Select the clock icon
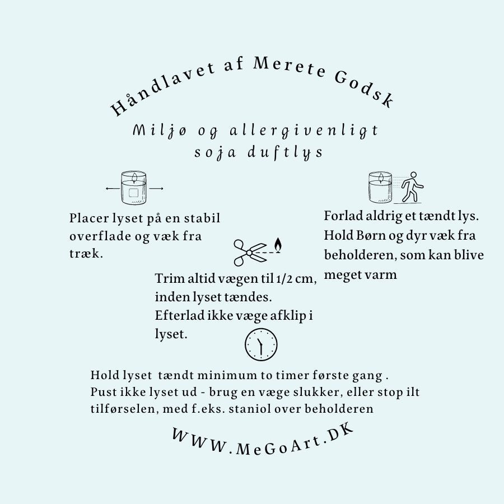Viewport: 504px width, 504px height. (261, 344)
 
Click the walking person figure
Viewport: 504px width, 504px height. (413, 186)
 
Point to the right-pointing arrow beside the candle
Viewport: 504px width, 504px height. (156, 188)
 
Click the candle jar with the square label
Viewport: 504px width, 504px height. (134, 188)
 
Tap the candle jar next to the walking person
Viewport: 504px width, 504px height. (381, 188)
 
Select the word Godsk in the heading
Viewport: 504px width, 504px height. (365, 90)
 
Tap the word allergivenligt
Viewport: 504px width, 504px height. (304, 131)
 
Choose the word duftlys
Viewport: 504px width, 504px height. (285, 152)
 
